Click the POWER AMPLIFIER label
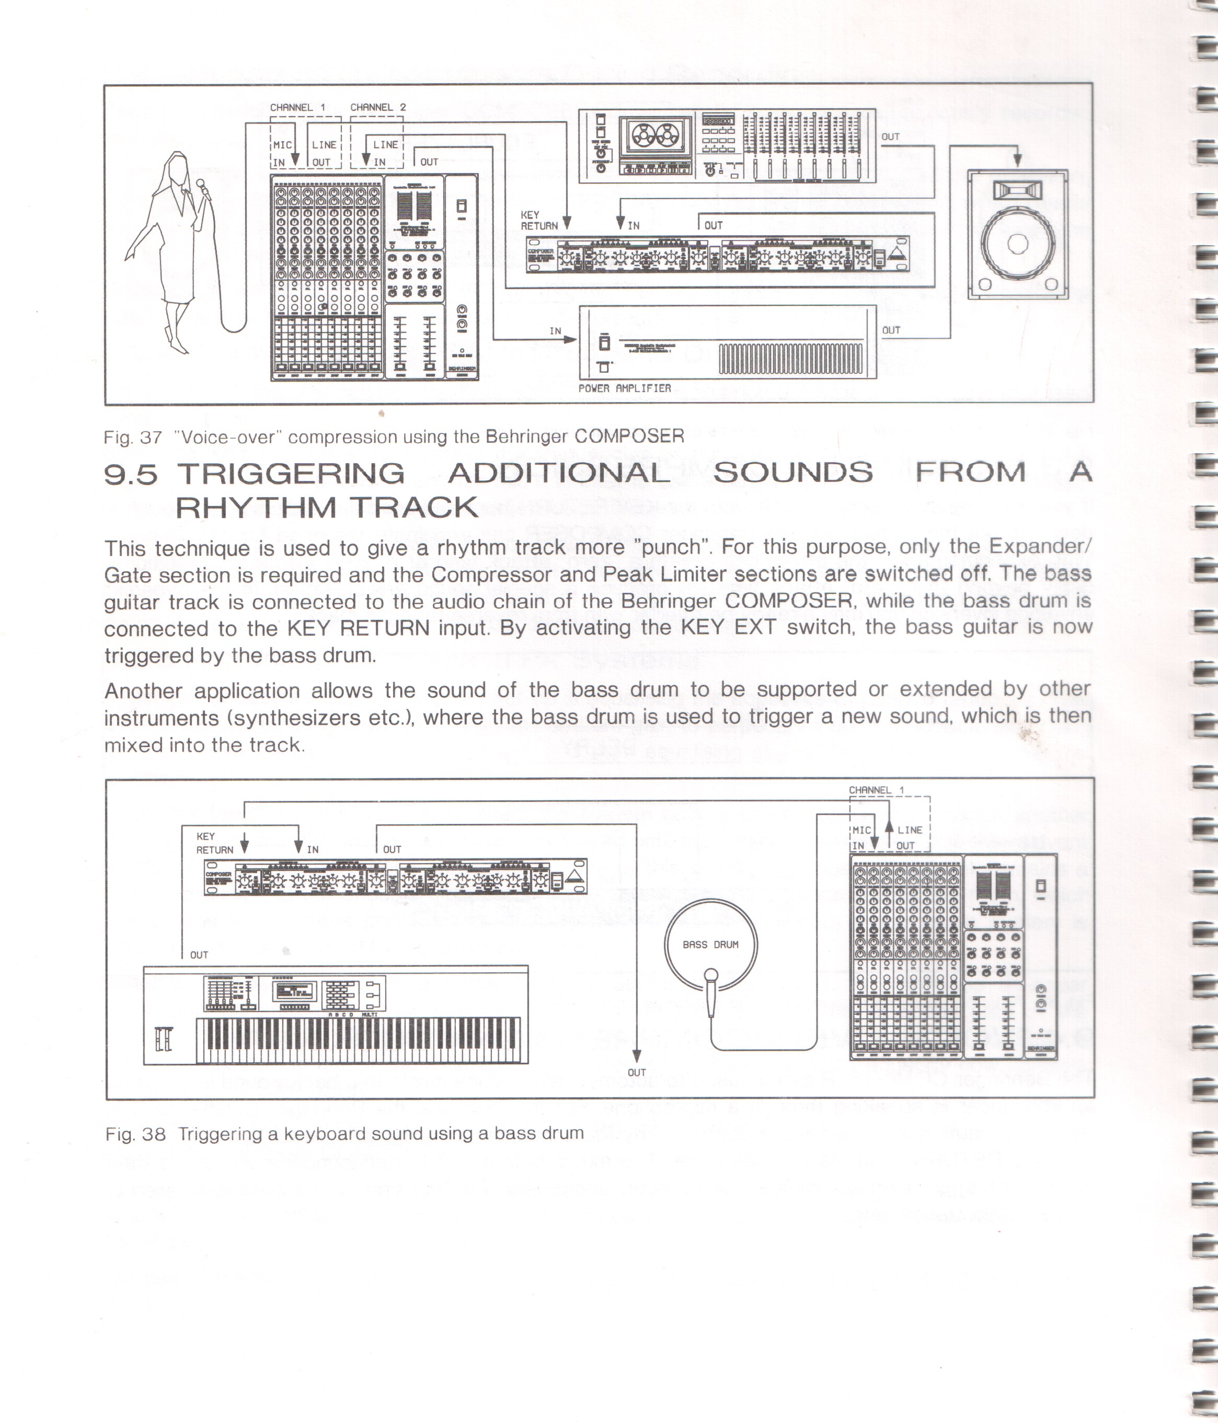tap(624, 388)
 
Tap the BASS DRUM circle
tap(710, 944)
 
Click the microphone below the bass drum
tap(711, 992)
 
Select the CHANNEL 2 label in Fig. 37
tap(377, 107)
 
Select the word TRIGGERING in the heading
tap(291, 473)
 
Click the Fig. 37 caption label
tap(133, 438)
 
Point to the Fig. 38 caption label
tap(135, 1134)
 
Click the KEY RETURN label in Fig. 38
tap(215, 843)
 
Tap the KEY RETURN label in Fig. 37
tap(539, 220)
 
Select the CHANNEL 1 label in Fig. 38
tap(876, 790)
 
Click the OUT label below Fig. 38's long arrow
tap(637, 1073)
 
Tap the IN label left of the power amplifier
tap(556, 331)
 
